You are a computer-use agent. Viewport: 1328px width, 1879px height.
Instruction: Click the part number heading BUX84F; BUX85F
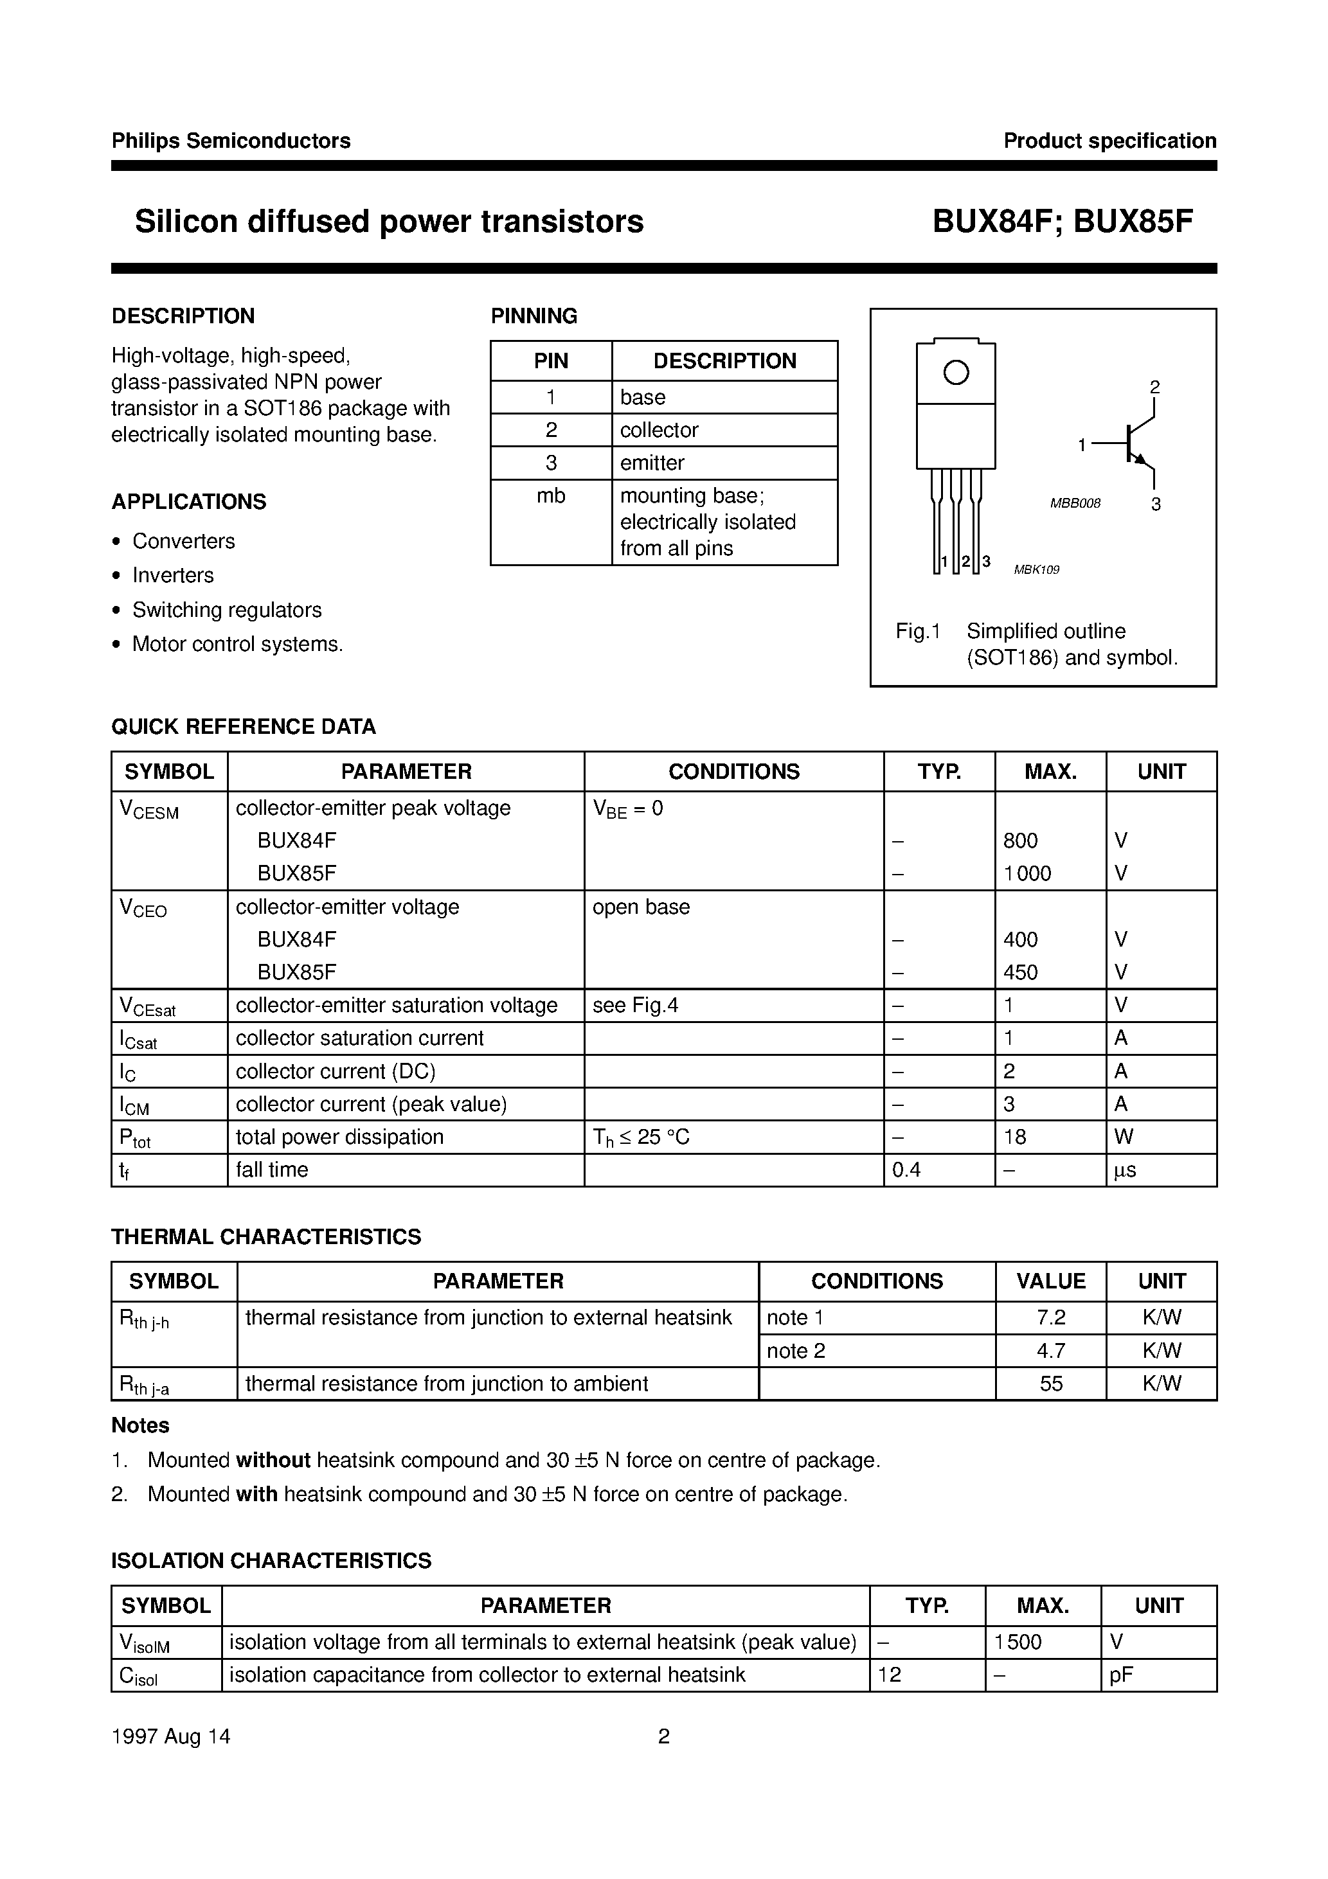point(1062,222)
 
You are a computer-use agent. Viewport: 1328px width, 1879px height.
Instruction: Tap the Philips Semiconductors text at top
point(231,141)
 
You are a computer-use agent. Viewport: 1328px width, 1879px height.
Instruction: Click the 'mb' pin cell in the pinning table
point(551,496)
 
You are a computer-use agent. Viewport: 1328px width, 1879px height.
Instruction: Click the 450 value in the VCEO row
point(1020,972)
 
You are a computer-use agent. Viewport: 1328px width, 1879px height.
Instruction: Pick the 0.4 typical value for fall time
point(906,1170)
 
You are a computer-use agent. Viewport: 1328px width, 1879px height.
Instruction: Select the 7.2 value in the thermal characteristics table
point(1050,1317)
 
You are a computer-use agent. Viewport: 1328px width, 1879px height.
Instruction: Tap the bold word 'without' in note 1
point(273,1460)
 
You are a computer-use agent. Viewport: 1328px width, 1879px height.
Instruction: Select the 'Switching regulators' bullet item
point(227,610)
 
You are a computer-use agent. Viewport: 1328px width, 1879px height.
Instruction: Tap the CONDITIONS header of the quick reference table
point(733,772)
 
